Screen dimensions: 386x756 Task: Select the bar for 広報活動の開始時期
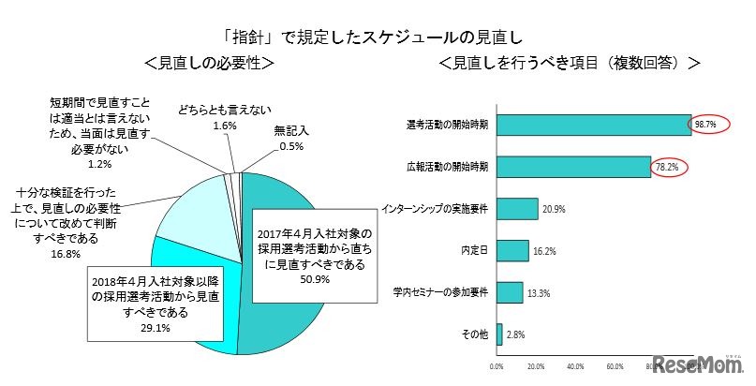(573, 167)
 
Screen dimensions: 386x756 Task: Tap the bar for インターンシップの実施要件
(517, 209)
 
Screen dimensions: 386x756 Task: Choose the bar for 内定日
(512, 250)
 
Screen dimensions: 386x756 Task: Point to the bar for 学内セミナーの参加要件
(510, 292)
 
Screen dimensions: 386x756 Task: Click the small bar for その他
(499, 334)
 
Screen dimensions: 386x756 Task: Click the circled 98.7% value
(704, 125)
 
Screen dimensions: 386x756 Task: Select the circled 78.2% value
(668, 167)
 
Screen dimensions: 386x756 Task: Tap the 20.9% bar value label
(554, 209)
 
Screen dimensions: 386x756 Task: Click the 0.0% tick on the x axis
(497, 365)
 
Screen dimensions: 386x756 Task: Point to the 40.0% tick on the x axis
(576, 365)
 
